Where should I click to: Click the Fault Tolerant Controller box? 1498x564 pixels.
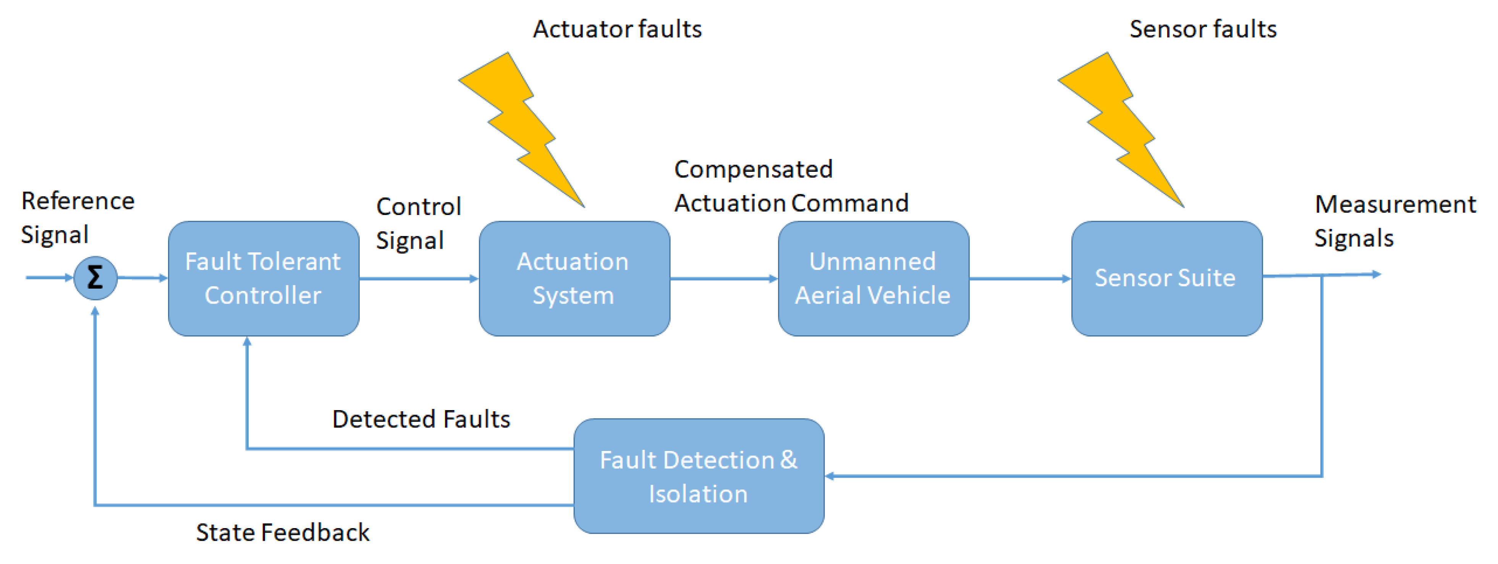click(x=264, y=278)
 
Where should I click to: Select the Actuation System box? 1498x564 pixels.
click(x=574, y=278)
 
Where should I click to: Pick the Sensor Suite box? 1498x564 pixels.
click(x=1166, y=278)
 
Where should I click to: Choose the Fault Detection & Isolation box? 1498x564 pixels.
click(x=699, y=476)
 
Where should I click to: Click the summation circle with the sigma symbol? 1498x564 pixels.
click(x=95, y=278)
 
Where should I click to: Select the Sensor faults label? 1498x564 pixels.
click(x=1203, y=29)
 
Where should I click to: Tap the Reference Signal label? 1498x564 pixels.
click(x=77, y=217)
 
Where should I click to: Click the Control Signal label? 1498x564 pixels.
click(x=418, y=223)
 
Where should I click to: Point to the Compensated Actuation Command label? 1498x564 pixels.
click(x=791, y=186)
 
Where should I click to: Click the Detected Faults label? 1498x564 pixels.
click(x=421, y=419)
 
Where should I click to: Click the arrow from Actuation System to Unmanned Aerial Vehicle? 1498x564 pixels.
click(x=724, y=278)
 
